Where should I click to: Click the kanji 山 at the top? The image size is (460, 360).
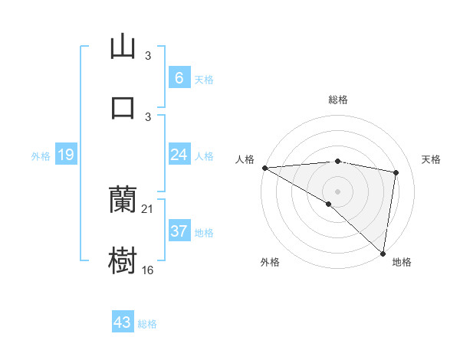click(x=123, y=47)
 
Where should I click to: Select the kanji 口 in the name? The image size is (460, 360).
click(x=123, y=106)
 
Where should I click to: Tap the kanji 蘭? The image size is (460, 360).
click(x=123, y=200)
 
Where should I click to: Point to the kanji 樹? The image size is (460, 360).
click(x=123, y=261)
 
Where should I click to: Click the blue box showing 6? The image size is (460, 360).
click(x=179, y=78)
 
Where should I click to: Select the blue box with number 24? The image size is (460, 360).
click(x=179, y=155)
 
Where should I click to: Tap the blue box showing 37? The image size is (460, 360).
click(x=179, y=231)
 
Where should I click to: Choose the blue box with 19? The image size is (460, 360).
click(x=65, y=155)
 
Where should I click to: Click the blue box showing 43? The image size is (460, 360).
click(x=122, y=322)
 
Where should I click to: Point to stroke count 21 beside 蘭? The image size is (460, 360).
click(x=148, y=208)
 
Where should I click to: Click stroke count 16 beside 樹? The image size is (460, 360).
click(x=148, y=270)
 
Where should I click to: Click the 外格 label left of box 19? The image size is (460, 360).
click(x=41, y=156)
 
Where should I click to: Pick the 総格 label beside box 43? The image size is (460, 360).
click(x=147, y=324)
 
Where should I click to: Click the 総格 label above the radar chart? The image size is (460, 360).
click(x=337, y=100)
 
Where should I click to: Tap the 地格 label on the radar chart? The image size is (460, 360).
click(x=402, y=262)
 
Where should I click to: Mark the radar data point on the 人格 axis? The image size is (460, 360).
click(x=264, y=168)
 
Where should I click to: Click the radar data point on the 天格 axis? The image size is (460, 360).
click(x=396, y=172)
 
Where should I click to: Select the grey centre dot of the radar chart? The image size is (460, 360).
click(x=337, y=190)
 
